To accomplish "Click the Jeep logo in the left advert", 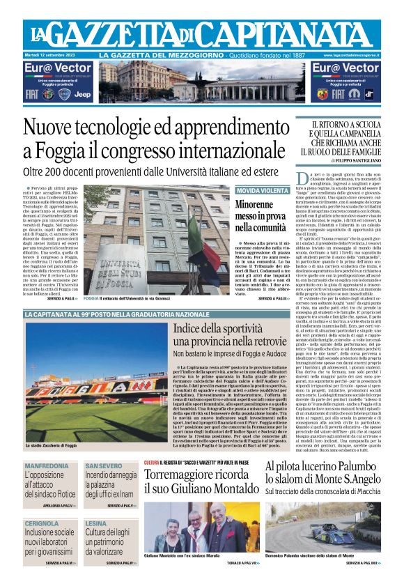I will [x=82, y=93].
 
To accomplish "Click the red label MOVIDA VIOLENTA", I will [x=263, y=190].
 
